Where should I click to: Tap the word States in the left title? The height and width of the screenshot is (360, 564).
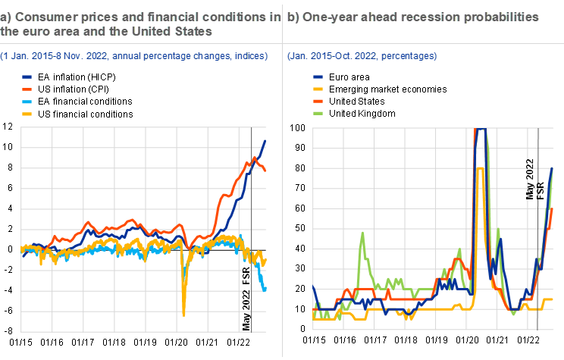pyautogui.click(x=190, y=32)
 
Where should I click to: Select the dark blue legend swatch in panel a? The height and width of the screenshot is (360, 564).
pyautogui.click(x=27, y=77)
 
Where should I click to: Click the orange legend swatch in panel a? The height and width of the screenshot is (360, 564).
pyautogui.click(x=27, y=89)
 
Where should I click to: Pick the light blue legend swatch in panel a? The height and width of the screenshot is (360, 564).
pyautogui.click(x=27, y=102)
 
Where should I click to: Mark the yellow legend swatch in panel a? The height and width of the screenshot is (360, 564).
pyautogui.click(x=27, y=114)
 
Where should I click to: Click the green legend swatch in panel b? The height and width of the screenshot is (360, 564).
pyautogui.click(x=318, y=114)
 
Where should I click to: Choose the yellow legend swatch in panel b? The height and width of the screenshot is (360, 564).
pyautogui.click(x=318, y=89)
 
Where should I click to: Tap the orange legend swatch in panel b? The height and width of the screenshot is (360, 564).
pyautogui.click(x=318, y=102)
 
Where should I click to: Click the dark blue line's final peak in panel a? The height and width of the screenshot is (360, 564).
pyautogui.click(x=265, y=141)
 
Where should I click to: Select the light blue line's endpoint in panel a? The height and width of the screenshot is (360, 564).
pyautogui.click(x=265, y=290)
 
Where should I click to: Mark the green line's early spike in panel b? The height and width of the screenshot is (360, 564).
pyautogui.click(x=362, y=233)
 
